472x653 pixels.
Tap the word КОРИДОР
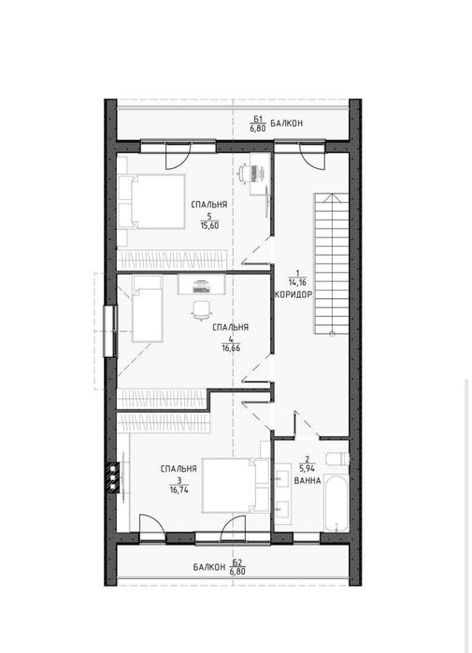[x=293, y=293]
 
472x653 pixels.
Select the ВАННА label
[x=308, y=480]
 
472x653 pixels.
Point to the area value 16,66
[x=231, y=346]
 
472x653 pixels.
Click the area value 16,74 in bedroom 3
[x=179, y=487]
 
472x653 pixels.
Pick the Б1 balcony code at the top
[x=257, y=119]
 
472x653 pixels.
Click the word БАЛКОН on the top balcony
[x=287, y=123]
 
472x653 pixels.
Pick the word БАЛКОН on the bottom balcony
[x=209, y=567]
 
